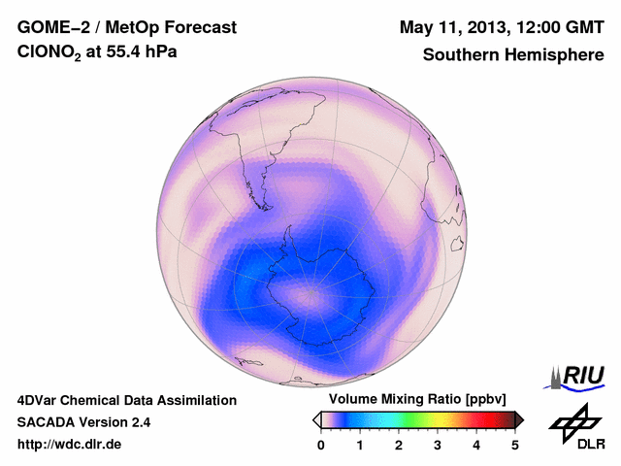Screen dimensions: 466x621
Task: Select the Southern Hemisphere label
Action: [x=513, y=55]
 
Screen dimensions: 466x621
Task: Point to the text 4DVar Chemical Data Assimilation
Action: [x=126, y=400]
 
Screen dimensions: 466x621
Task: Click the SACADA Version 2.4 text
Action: [x=83, y=422]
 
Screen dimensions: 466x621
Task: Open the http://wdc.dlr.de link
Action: [x=70, y=445]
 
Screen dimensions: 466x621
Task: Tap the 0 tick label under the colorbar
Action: [x=321, y=445]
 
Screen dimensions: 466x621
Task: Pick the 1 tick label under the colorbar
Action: [x=360, y=445]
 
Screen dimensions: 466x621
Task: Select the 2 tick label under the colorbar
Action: [x=399, y=445]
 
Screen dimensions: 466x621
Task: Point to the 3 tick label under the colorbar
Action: [x=438, y=445]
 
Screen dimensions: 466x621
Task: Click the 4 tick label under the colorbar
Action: [x=476, y=445]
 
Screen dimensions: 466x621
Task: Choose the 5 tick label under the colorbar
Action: [x=515, y=445]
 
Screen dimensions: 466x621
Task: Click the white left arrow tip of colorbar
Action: [x=316, y=419]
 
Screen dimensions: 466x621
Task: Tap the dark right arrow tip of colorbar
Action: [x=520, y=419]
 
